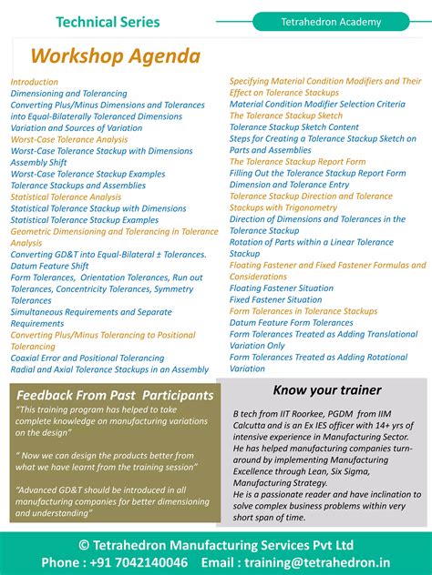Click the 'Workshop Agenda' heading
[115, 55]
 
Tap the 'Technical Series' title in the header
[108, 22]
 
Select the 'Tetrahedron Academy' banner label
[332, 21]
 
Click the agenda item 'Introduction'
[35, 82]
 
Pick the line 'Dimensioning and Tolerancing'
[69, 94]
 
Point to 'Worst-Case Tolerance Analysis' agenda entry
[69, 140]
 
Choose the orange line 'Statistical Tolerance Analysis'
[66, 197]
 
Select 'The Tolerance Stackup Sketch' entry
[286, 116]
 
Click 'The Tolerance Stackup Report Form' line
[298, 161]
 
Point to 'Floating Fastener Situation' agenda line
[282, 287]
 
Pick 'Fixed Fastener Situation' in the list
[275, 299]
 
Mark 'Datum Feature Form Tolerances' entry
[292, 322]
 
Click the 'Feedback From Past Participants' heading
[115, 396]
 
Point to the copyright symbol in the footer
[85, 544]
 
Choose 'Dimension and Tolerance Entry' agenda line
[290, 185]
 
